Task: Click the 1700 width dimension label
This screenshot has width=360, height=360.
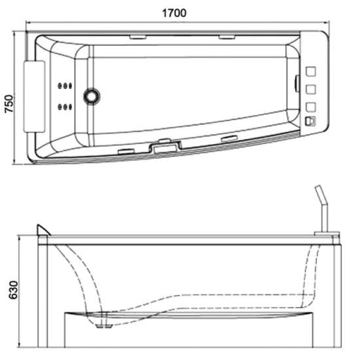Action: click(174, 13)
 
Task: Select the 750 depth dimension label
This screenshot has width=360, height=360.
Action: click(9, 103)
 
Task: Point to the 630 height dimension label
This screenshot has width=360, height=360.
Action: click(13, 290)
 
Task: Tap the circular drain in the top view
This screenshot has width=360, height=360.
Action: click(92, 96)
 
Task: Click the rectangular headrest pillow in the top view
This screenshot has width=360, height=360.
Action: click(35, 96)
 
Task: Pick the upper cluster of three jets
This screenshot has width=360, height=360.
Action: click(65, 86)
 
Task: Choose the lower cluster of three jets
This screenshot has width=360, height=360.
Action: click(65, 107)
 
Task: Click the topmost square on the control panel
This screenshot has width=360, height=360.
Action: click(311, 71)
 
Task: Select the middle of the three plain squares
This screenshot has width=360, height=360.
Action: click(311, 89)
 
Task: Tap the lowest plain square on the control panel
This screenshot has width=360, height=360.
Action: click(311, 107)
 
